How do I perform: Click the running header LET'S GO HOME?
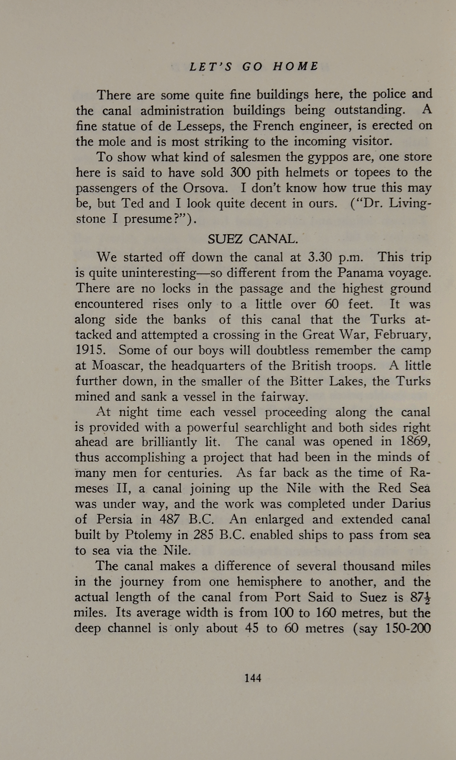click(254, 67)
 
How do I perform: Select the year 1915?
click(91, 350)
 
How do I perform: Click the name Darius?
click(411, 504)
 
